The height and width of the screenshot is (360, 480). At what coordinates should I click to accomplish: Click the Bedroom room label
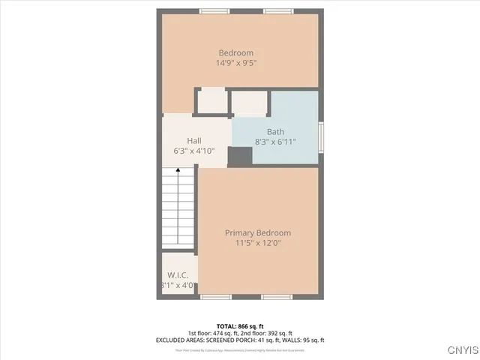(x=235, y=52)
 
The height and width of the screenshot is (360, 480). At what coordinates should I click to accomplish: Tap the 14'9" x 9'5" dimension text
(x=235, y=64)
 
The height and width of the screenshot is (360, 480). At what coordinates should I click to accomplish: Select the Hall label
(x=194, y=140)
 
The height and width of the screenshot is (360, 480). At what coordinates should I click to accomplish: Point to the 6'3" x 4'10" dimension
(x=194, y=151)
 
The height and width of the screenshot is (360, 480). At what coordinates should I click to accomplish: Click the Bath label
(x=275, y=131)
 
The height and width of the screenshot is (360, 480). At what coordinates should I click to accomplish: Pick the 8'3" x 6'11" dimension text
(x=275, y=142)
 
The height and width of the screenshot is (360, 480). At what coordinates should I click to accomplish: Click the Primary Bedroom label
(x=258, y=232)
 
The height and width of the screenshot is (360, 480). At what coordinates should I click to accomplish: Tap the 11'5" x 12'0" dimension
(x=258, y=243)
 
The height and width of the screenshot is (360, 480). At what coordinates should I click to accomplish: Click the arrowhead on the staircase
(x=178, y=171)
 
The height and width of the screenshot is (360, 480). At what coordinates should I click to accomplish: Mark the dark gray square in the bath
(x=240, y=156)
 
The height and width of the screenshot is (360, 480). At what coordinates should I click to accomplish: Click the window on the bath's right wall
(x=322, y=136)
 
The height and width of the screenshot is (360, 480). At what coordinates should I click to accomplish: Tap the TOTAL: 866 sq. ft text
(x=240, y=327)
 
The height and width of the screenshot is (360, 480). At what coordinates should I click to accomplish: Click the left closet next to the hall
(x=211, y=100)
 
